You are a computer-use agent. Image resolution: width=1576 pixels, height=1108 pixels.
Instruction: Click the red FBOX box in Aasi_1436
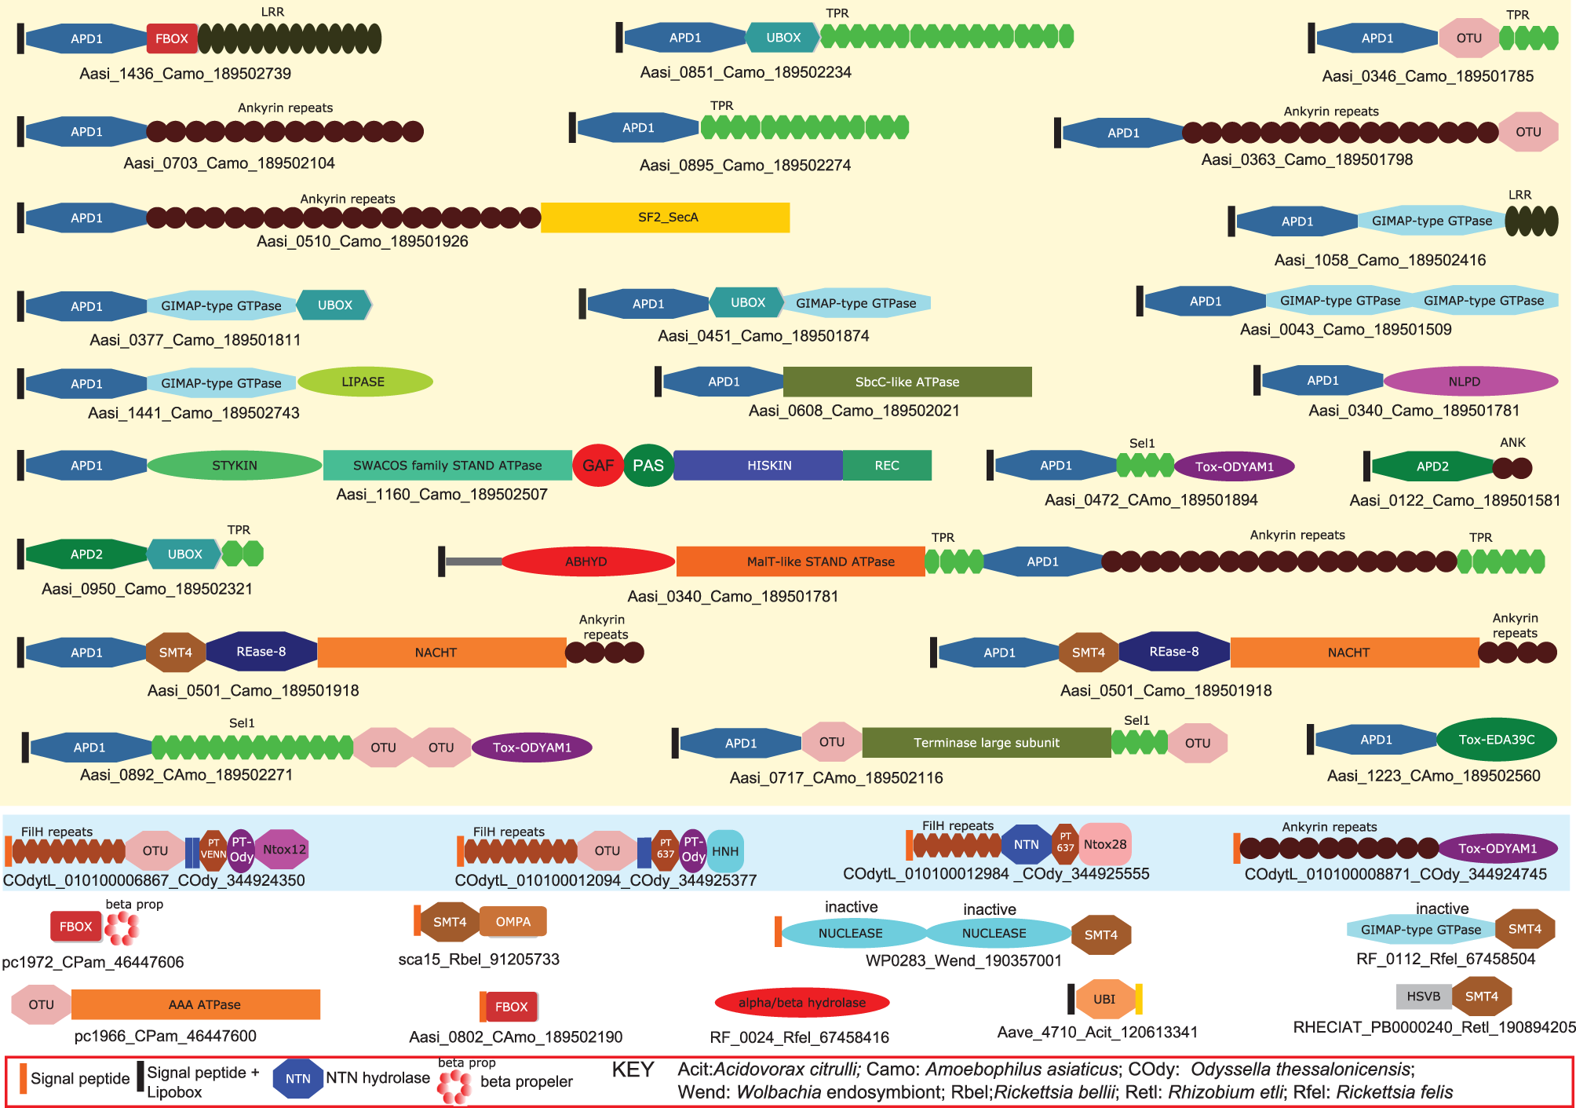171,38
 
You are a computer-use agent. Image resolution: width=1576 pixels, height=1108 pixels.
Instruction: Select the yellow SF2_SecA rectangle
665,218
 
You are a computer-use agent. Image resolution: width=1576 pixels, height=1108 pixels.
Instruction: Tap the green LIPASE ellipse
364,382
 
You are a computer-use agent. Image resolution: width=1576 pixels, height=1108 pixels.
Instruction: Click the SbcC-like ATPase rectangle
907,382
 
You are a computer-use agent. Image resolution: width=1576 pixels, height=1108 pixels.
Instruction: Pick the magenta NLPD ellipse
1469,382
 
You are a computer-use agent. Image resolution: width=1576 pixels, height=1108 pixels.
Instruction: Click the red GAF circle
598,465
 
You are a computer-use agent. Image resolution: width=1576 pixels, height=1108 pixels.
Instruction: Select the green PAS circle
648,465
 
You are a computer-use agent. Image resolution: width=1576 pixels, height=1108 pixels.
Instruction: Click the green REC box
887,465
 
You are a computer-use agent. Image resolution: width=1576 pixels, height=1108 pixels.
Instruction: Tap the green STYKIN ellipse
234,465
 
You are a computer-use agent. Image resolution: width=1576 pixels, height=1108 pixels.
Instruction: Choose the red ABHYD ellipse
587,561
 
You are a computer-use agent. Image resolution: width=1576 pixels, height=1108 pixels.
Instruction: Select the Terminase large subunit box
986,742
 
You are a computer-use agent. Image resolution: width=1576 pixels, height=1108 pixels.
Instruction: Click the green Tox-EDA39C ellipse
1496,739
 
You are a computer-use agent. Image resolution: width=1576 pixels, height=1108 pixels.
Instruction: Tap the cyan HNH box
725,851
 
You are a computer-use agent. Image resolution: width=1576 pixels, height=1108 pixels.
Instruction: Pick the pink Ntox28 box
1105,844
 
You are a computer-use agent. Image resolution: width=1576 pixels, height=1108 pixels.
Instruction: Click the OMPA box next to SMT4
513,921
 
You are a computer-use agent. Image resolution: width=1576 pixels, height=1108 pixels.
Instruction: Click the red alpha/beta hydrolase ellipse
801,1003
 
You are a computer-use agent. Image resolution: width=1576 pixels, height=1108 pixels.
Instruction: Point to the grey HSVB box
1423,996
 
